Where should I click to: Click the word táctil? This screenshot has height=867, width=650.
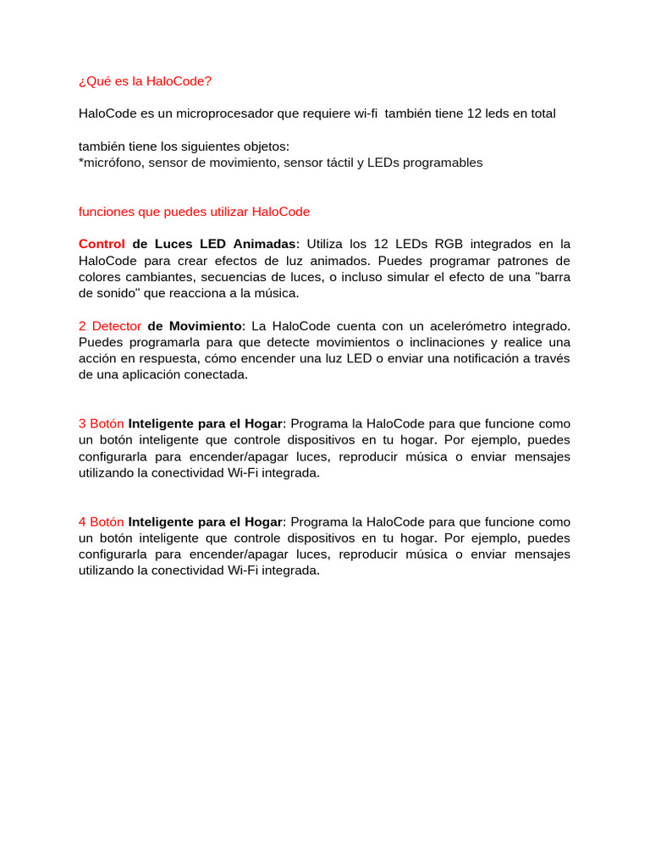coord(340,163)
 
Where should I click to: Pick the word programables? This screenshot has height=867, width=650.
coord(444,163)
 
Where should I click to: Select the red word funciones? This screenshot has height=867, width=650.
coord(106,212)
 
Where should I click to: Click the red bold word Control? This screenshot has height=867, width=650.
coord(102,245)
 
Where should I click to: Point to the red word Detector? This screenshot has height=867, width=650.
coord(116,326)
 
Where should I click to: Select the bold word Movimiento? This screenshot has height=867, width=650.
coord(195,326)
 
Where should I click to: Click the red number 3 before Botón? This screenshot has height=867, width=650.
coord(82,424)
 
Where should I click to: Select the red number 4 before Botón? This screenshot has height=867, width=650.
coord(82,522)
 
